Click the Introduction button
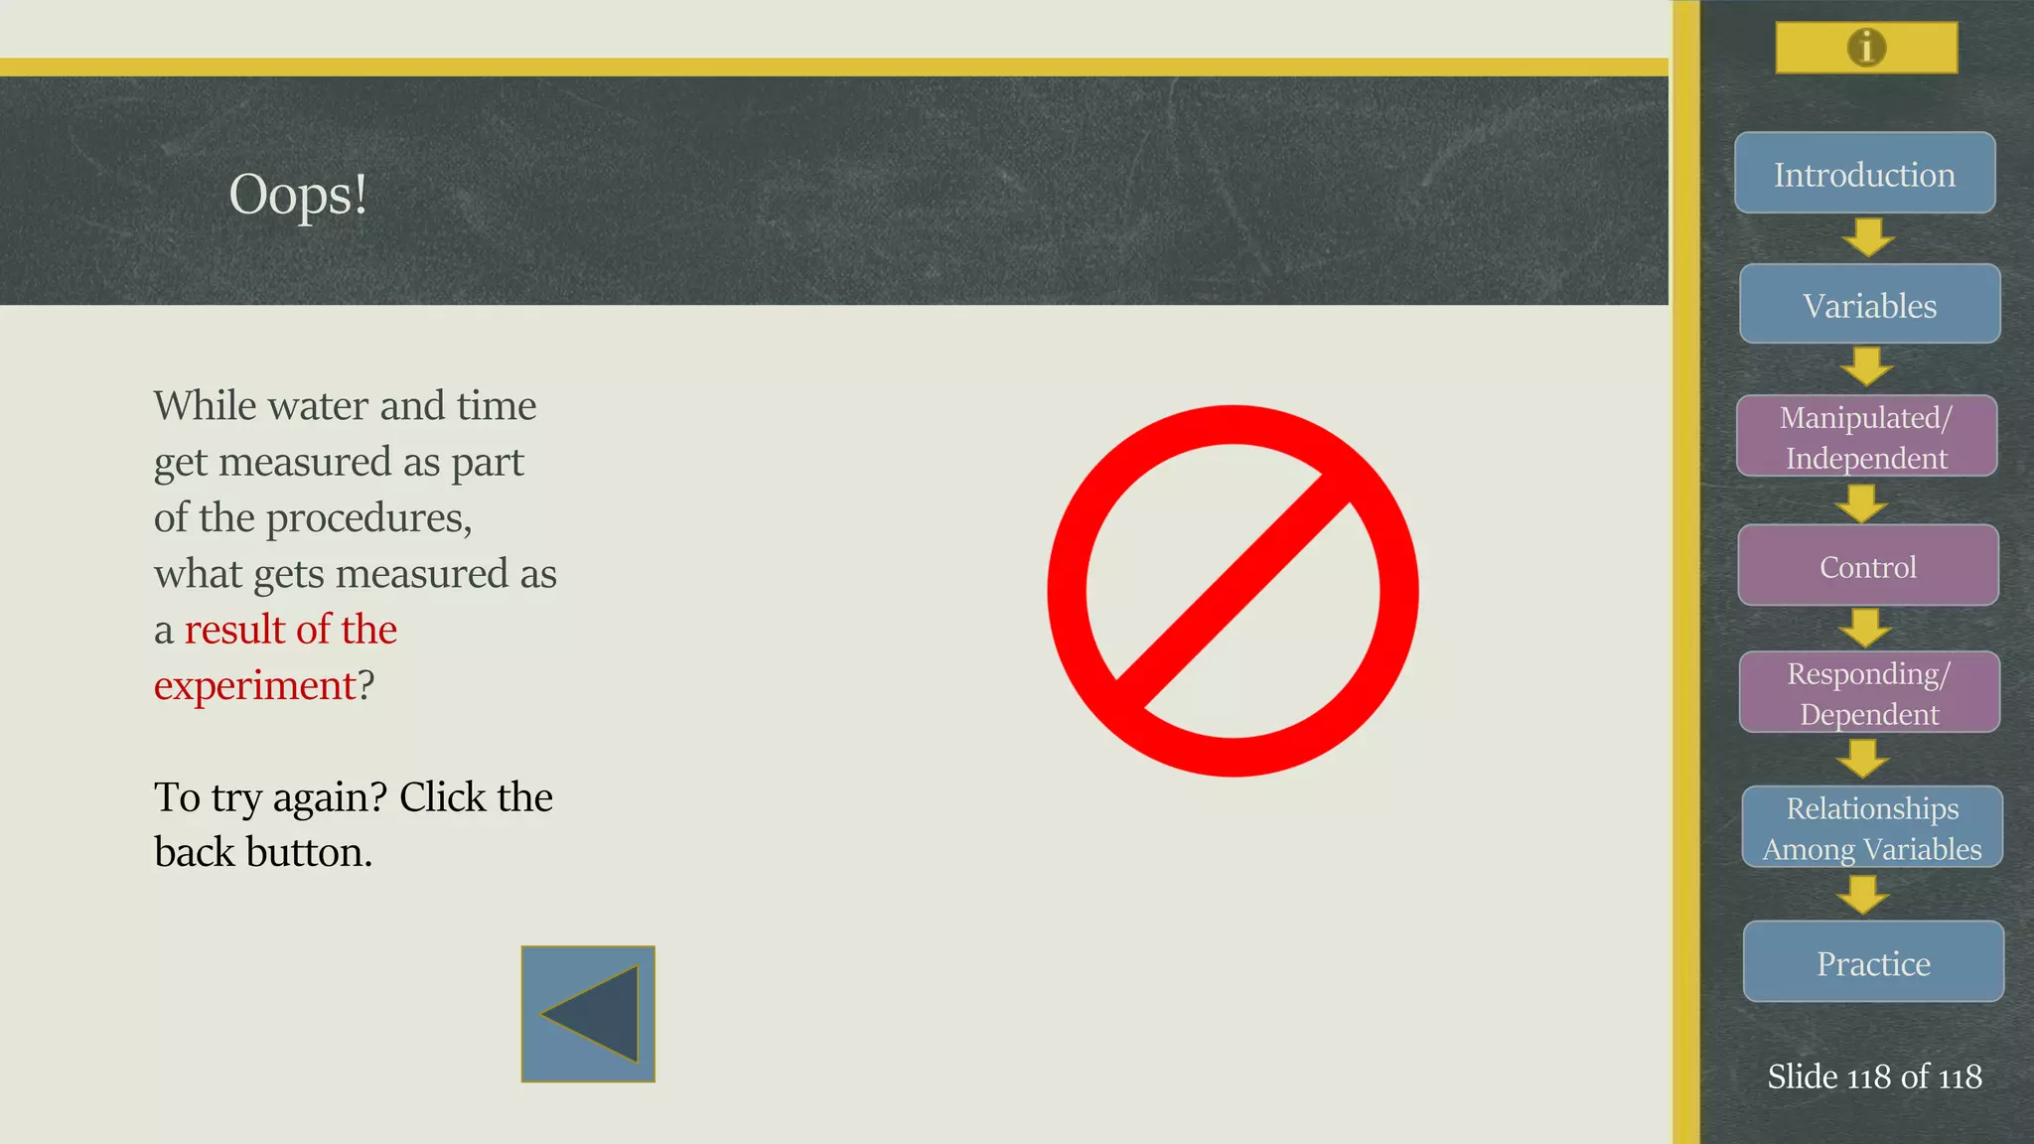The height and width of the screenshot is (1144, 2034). click(x=1864, y=173)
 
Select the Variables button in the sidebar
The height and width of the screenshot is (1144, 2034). click(x=1869, y=304)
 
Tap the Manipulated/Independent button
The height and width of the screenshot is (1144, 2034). click(x=1866, y=436)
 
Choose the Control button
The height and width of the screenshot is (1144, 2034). click(x=1867, y=565)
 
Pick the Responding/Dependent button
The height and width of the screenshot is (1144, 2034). click(x=1869, y=692)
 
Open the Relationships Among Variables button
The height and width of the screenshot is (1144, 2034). click(x=1872, y=827)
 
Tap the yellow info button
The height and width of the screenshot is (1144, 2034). click(x=1866, y=48)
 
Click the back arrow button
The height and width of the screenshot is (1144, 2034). click(x=588, y=1014)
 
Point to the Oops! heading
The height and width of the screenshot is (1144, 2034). click(x=298, y=194)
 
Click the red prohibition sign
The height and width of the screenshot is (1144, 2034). click(x=1233, y=591)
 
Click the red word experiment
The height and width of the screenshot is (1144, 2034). click(x=254, y=685)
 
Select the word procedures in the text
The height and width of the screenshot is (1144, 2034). click(x=367, y=518)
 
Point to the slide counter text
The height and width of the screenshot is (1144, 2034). click(x=1874, y=1076)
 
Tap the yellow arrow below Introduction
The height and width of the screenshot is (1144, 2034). click(x=1868, y=237)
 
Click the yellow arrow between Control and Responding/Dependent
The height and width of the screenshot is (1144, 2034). click(x=1865, y=628)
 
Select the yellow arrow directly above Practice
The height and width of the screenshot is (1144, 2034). click(x=1863, y=894)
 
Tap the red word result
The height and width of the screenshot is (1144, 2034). click(x=234, y=630)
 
